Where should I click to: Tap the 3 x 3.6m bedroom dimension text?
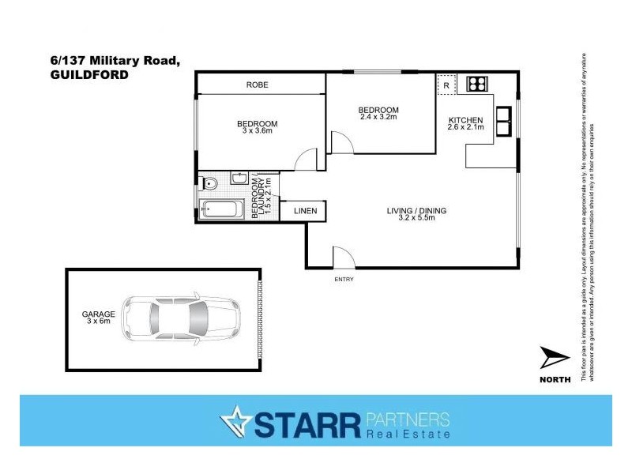click(257, 131)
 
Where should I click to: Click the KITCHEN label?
click(465, 120)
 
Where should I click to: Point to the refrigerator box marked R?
click(446, 85)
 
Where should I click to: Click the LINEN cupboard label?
click(305, 211)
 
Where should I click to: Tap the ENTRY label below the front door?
click(344, 279)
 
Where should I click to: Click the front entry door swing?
click(343, 258)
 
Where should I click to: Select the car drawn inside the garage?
click(182, 319)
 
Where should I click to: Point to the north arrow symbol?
click(554, 360)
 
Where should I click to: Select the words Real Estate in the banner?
click(408, 434)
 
